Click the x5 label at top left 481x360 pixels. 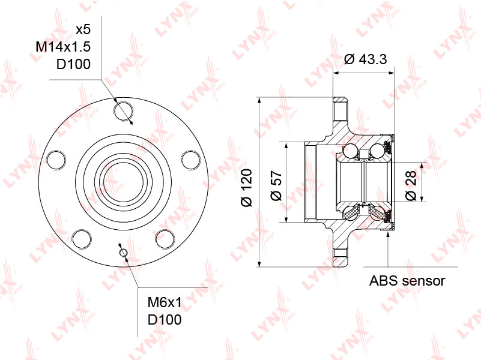click(x=83, y=30)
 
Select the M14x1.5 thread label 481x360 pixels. click(x=63, y=47)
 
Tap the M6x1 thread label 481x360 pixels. click(x=165, y=303)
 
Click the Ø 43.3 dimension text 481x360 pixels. click(x=365, y=59)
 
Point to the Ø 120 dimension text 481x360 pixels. click(x=247, y=188)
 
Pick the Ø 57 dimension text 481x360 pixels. click(x=276, y=185)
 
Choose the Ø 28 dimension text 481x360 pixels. click(x=411, y=185)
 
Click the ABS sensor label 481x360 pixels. click(x=407, y=281)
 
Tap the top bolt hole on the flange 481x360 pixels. click(x=123, y=111)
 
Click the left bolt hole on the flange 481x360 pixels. click(x=56, y=160)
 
